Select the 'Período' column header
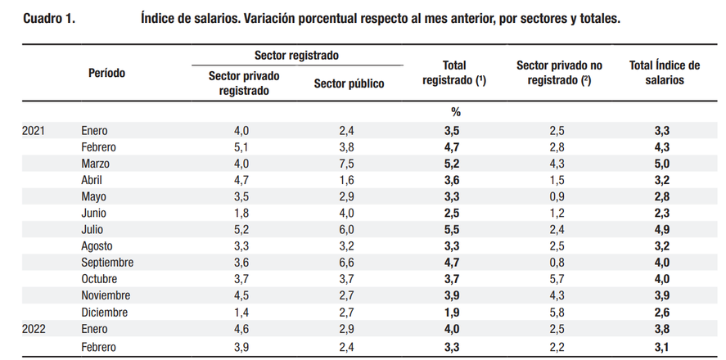coord(106,73)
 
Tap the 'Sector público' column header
coord(349,83)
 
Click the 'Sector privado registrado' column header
coord(244,83)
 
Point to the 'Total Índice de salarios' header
coord(664,73)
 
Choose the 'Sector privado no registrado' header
coord(559,73)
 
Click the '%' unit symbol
coord(455,112)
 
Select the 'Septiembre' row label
coord(107,263)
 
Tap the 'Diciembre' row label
coord(105,312)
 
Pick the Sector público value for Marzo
coord(349,164)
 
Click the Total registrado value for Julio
coord(455,230)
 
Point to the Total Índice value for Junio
coord(664,214)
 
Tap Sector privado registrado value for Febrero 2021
coord(244,147)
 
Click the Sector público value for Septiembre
coord(349,263)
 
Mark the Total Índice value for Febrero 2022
coord(664,345)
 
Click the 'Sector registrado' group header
coord(296,56)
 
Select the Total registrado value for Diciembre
coord(455,312)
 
